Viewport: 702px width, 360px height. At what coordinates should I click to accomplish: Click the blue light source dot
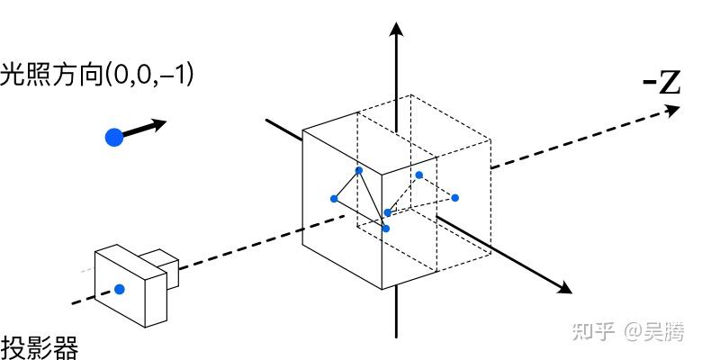tap(113, 138)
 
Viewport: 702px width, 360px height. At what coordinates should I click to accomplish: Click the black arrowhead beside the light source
tap(160, 122)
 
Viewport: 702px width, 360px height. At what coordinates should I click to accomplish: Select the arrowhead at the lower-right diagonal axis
tap(564, 289)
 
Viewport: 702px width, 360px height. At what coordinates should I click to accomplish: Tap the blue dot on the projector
tap(119, 289)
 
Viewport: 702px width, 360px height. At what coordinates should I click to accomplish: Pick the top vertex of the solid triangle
tap(359, 170)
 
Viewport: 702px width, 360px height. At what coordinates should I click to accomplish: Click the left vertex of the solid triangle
tap(334, 198)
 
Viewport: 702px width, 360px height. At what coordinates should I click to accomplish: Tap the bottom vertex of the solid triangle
tap(386, 229)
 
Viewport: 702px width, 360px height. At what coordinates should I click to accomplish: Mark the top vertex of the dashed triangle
tap(418, 175)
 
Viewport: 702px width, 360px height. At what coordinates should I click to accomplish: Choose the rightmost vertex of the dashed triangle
tap(455, 198)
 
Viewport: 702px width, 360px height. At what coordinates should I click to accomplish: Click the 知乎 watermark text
tap(590, 332)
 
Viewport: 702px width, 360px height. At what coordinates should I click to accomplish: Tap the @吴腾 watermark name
tap(659, 332)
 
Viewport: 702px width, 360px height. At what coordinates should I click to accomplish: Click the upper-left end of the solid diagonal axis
tap(267, 118)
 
